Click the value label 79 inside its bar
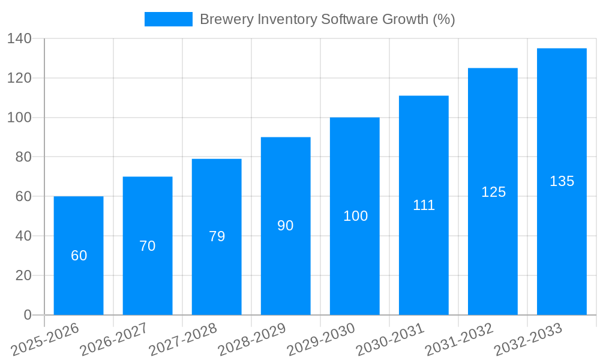[x=217, y=236]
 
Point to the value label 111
[x=424, y=205]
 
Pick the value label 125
[x=493, y=192]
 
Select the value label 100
[x=355, y=216]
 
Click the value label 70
[x=148, y=246]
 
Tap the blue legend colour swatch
[x=169, y=19]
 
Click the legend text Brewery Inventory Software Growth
[x=327, y=19]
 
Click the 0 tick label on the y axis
[x=27, y=315]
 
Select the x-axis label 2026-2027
[x=113, y=339]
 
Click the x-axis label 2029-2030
[x=320, y=339]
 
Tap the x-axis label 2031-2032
[x=458, y=339]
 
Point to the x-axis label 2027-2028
[x=182, y=339]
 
